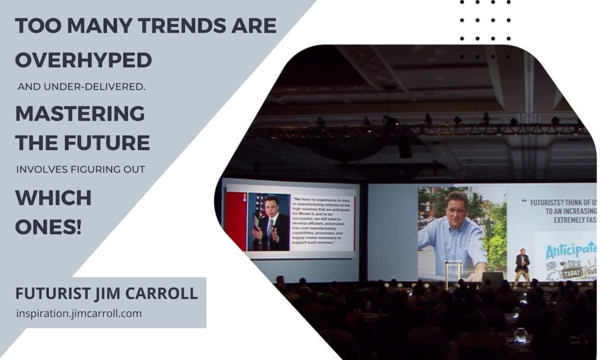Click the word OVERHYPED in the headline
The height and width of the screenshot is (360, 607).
[x=83, y=59]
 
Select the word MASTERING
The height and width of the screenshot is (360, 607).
[x=80, y=113]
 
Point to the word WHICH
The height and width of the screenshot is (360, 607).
[x=53, y=197]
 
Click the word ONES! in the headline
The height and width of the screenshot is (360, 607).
[x=49, y=226]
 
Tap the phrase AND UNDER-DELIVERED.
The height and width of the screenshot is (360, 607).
[x=81, y=87]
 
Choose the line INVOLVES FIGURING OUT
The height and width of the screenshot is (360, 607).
[x=81, y=170]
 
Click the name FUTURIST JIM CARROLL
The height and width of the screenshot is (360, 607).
[x=107, y=294]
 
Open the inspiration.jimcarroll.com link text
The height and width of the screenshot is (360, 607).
[x=79, y=313]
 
